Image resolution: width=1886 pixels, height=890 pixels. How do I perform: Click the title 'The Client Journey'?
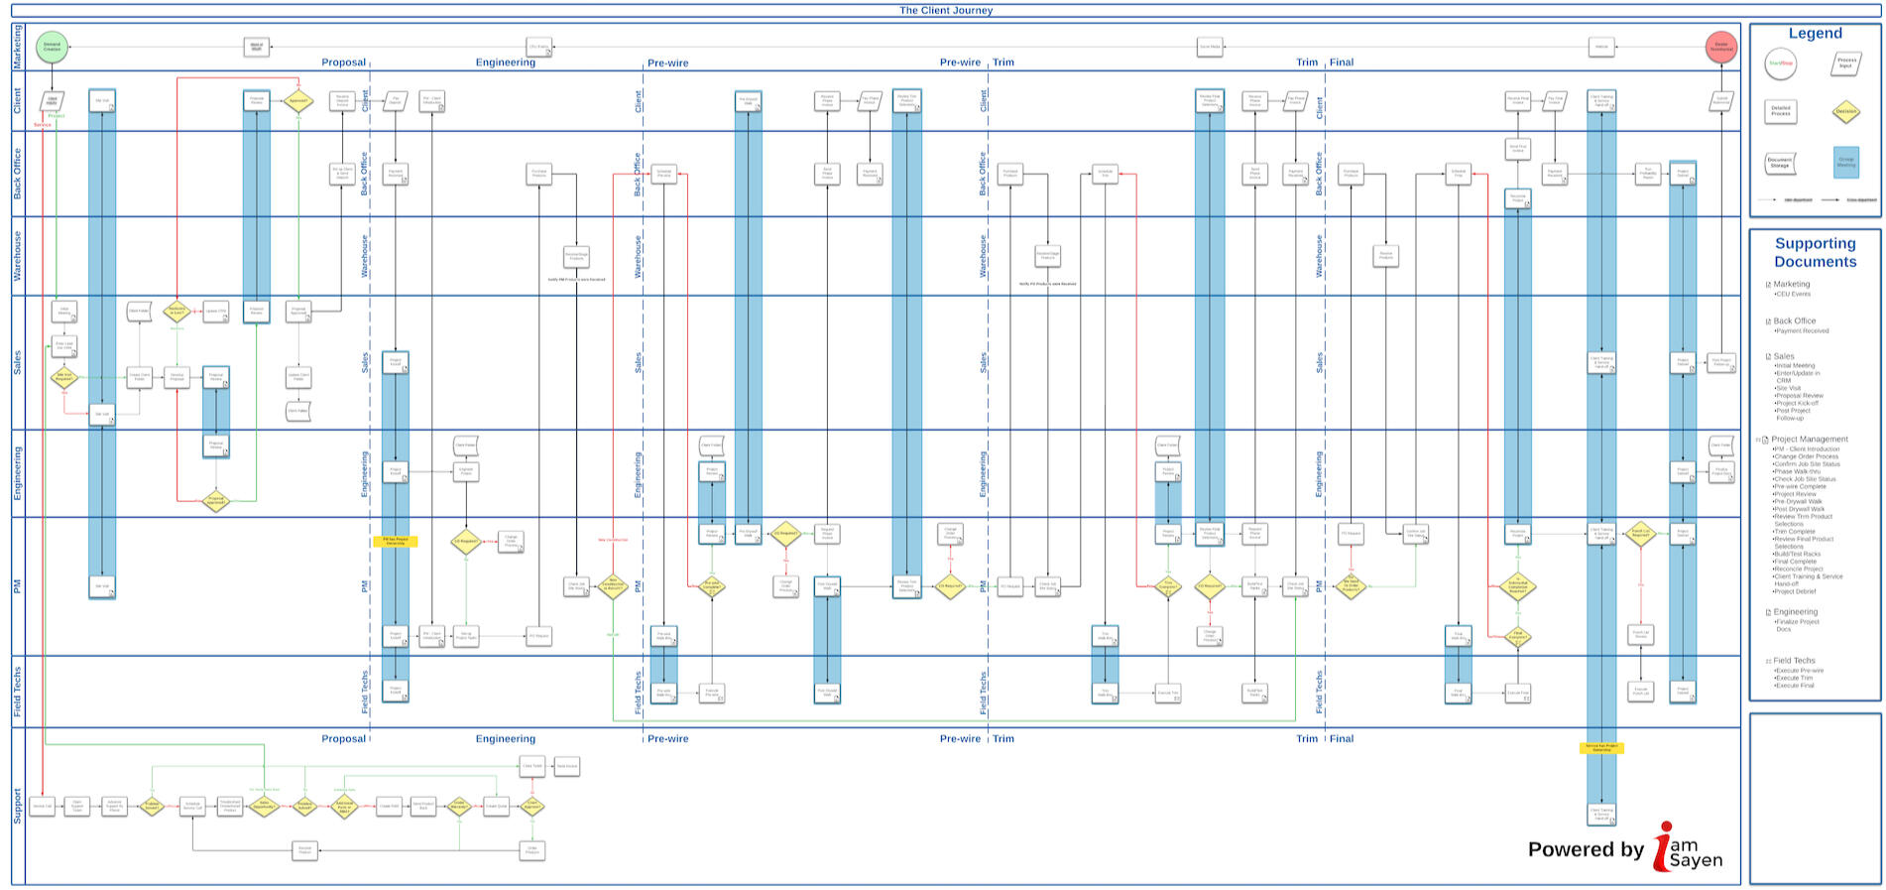945,10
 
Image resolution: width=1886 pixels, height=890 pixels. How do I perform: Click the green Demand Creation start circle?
52,47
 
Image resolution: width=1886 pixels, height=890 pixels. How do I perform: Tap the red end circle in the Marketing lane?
1720,47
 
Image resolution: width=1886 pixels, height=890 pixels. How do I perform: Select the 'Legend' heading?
1815,34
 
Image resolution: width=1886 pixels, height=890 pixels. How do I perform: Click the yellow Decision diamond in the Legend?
1845,111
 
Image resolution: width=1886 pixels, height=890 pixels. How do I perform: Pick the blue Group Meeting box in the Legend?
1845,162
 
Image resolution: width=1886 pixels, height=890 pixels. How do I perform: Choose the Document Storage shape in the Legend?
1780,162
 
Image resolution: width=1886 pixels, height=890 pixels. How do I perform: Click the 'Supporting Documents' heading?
1815,252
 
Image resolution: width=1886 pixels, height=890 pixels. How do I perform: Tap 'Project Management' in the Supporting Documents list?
1810,439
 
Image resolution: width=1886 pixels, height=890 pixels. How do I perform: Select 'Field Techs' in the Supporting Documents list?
1794,660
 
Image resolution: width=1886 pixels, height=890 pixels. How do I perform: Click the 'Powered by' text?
1586,849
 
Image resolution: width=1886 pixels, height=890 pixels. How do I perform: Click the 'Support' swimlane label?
17,806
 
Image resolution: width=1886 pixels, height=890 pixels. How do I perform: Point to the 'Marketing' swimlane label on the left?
17,47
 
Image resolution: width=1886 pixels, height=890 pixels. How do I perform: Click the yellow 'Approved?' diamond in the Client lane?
298,100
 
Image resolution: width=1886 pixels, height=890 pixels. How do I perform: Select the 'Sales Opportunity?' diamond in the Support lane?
264,806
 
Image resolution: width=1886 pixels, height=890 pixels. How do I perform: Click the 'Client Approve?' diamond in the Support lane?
532,806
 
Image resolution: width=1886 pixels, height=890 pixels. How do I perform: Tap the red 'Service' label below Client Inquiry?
43,125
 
